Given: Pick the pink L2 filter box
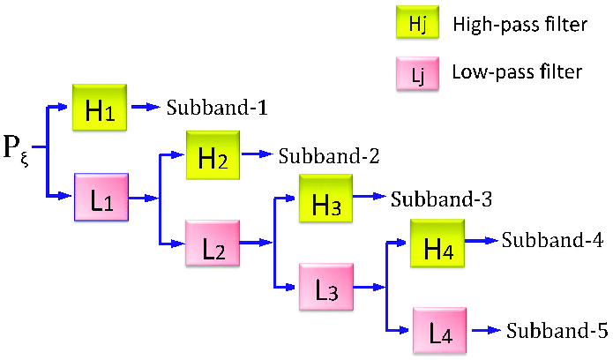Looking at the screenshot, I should tap(213, 242).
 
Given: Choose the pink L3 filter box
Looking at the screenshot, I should tap(325, 286).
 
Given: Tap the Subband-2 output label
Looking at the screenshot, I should tap(329, 157).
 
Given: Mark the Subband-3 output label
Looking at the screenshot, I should tap(441, 199).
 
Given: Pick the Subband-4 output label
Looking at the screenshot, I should tap(553, 240).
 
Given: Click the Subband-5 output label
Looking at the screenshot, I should tap(557, 331).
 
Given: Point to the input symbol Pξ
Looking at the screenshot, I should tap(19, 150).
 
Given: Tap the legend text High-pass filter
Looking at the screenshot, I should tap(520, 26).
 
